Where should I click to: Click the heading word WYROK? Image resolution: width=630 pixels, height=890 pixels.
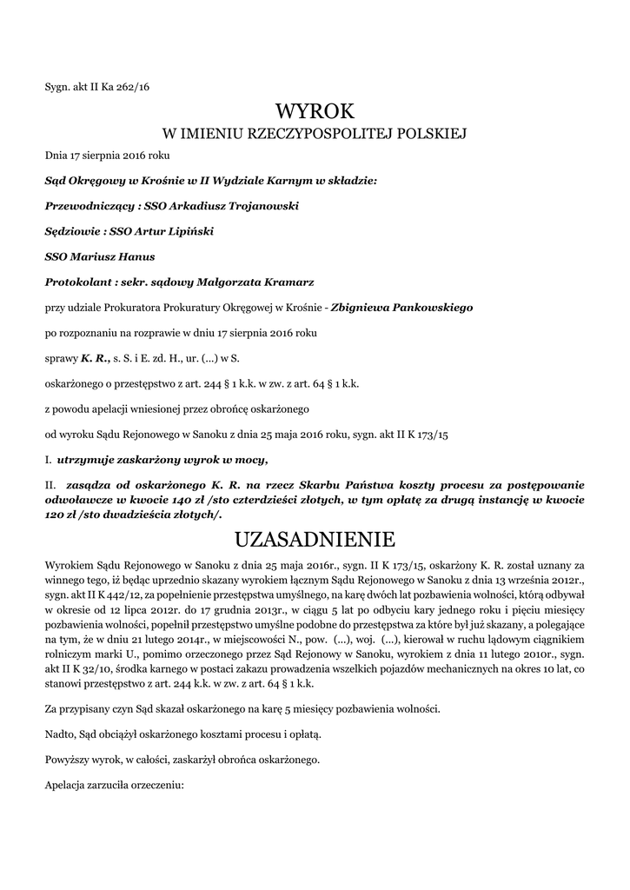tap(315, 111)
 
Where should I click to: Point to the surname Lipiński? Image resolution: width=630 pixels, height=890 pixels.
tap(186, 232)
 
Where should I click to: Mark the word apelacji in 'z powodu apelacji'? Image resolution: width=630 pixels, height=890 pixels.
tap(113, 408)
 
